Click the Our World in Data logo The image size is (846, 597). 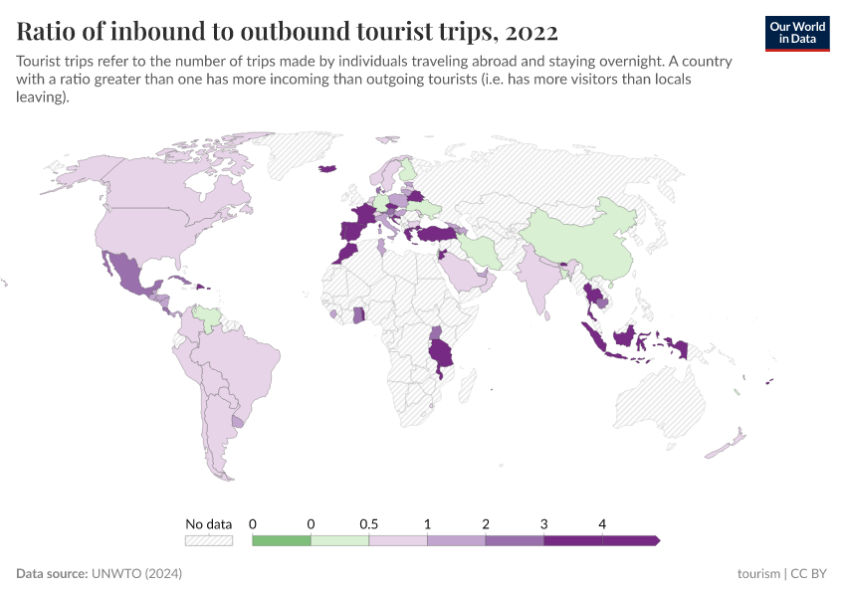(796, 33)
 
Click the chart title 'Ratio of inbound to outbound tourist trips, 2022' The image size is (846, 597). (288, 31)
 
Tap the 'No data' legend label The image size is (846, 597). (208, 523)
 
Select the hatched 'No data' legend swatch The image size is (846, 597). (208, 540)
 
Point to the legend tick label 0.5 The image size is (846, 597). (368, 523)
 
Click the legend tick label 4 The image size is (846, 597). (602, 523)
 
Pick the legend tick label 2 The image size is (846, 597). (486, 523)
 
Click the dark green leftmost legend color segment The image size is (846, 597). (282, 540)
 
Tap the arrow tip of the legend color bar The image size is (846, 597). (656, 540)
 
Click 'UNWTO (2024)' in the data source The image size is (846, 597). (136, 574)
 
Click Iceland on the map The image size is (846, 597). (326, 168)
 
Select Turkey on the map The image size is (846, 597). (438, 235)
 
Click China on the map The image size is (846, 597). (577, 244)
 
